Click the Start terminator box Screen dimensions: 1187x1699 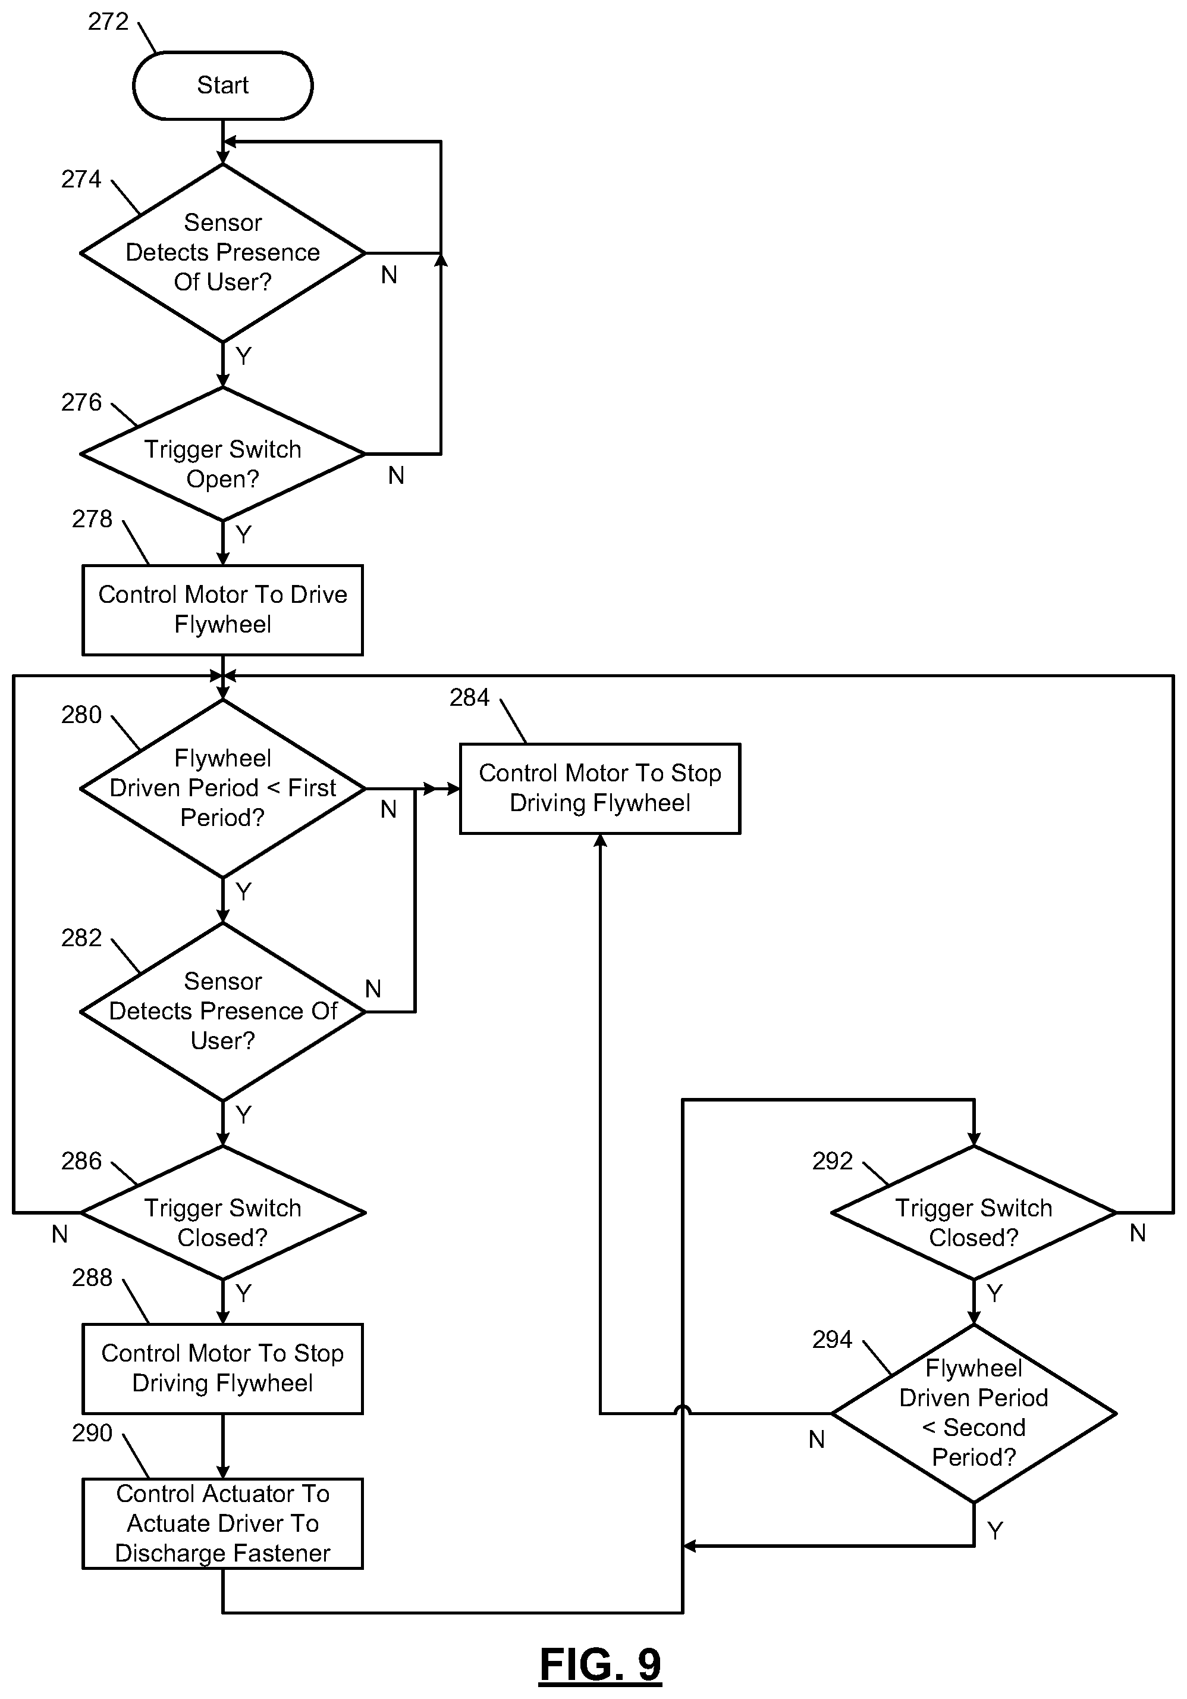pyautogui.click(x=222, y=85)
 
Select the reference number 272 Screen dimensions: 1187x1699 pyautogui.click(x=108, y=21)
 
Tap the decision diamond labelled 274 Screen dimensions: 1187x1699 pyautogui.click(x=222, y=253)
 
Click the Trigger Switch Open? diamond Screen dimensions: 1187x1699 pyautogui.click(x=222, y=454)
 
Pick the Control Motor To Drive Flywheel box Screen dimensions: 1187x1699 pyautogui.click(x=222, y=610)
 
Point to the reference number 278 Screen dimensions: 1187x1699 pyautogui.click(x=92, y=519)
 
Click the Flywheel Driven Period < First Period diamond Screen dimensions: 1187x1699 pyautogui.click(x=222, y=789)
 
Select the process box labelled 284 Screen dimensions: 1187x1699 pyautogui.click(x=600, y=789)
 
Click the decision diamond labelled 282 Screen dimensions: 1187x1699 pyautogui.click(x=222, y=1012)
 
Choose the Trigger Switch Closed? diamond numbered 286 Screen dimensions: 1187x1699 pyautogui.click(x=222, y=1213)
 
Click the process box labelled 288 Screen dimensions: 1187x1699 pyautogui.click(x=222, y=1369)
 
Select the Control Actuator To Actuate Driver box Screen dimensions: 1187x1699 pyautogui.click(x=222, y=1523)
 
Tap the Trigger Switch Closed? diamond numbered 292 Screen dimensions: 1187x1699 pyautogui.click(x=974, y=1213)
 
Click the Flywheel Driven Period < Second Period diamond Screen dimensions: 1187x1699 pyautogui.click(x=974, y=1413)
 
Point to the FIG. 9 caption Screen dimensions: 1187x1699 pyautogui.click(x=600, y=1665)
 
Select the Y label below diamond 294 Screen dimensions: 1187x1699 pyautogui.click(x=995, y=1530)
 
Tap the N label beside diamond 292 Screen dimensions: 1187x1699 pyautogui.click(x=1138, y=1234)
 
